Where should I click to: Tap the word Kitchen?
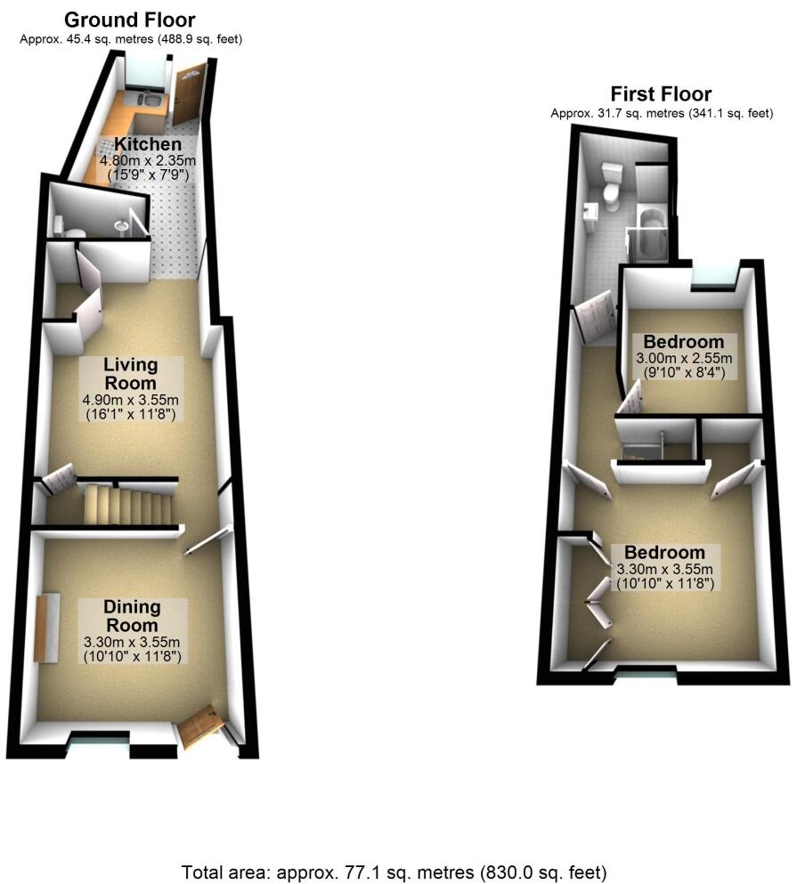click(147, 144)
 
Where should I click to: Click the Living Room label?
click(130, 374)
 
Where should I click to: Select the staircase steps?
click(125, 506)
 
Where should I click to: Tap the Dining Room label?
click(132, 616)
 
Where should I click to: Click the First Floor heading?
click(660, 94)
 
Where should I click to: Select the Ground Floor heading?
click(130, 20)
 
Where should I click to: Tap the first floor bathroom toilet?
click(612, 187)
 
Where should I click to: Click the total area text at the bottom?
click(395, 871)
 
